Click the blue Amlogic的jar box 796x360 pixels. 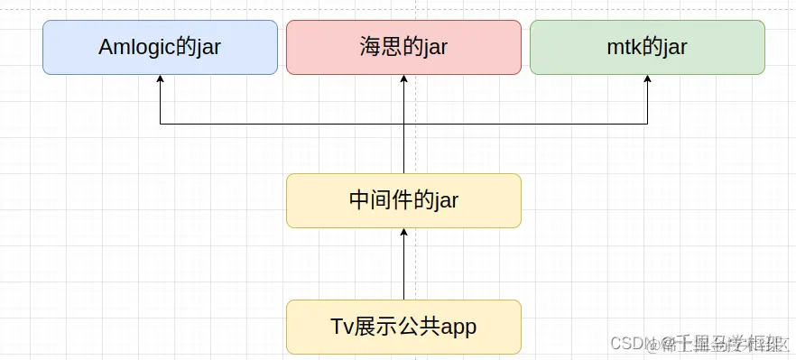(x=160, y=47)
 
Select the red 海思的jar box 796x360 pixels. (x=403, y=47)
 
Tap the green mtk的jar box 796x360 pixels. (x=647, y=47)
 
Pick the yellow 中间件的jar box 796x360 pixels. (x=403, y=200)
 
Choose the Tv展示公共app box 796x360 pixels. (x=403, y=327)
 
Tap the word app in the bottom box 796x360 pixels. (x=458, y=328)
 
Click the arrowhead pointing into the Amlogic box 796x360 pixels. (x=160, y=79)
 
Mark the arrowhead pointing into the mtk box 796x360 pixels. (x=647, y=79)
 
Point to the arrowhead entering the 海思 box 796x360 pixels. (x=403, y=79)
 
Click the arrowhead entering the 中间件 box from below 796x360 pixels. (x=403, y=233)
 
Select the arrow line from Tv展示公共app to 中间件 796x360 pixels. (x=403, y=271)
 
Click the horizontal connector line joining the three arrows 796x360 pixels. (x=280, y=124)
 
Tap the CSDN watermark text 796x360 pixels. (x=632, y=343)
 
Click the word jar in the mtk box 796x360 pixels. (x=673, y=48)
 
